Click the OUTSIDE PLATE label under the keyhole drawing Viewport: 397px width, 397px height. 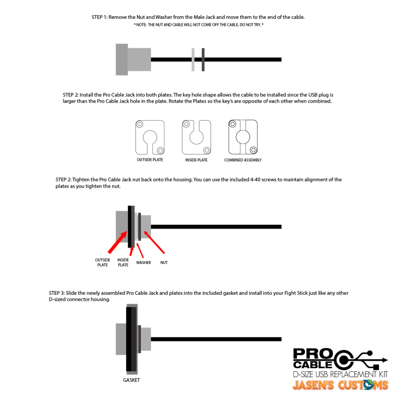150,160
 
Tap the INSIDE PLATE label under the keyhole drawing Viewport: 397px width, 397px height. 196,160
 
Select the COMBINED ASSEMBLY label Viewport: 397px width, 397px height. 243,160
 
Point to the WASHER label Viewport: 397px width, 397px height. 143,263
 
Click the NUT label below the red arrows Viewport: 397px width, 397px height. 164,263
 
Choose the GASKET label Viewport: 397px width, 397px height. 132,380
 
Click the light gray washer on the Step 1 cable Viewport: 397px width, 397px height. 193,60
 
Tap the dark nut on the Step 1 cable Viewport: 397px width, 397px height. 203,60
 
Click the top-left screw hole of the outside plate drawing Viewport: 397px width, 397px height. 139,125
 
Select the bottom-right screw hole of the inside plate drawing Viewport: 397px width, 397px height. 207,150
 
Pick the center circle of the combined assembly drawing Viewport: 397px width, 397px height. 243,137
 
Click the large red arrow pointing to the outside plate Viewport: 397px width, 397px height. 117,242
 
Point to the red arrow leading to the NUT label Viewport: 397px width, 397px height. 154,242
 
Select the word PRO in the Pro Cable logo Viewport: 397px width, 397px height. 313,353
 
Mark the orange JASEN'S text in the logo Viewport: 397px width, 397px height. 313,385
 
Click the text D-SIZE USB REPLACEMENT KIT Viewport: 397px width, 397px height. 340,374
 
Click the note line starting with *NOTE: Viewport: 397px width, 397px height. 198,25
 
